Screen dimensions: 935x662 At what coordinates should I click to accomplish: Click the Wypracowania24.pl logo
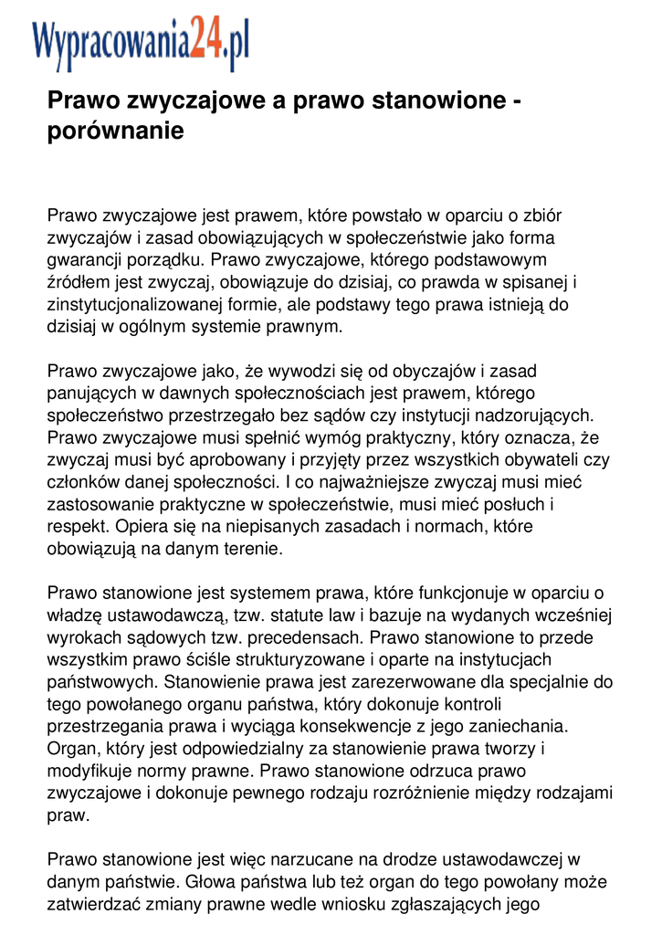tap(140, 44)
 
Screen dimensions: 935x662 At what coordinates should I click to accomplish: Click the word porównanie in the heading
tap(115, 131)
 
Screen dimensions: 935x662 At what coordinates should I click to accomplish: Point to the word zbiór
tap(541, 216)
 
